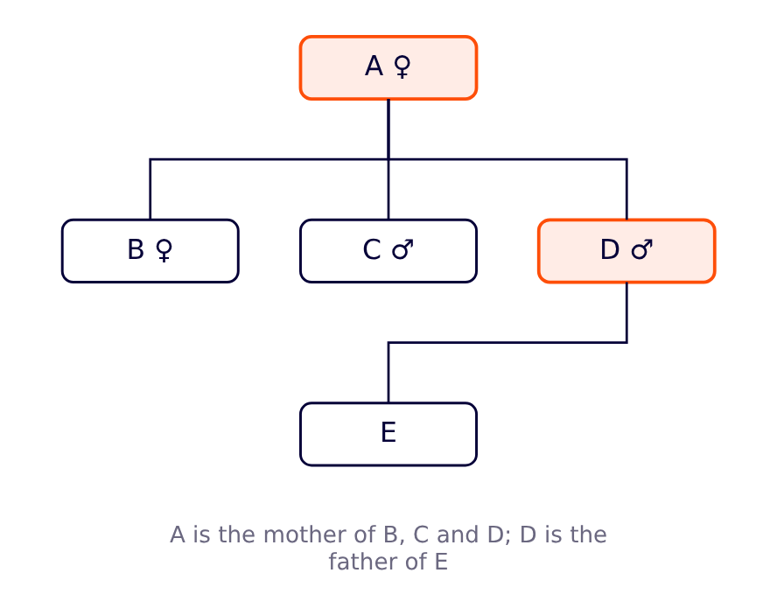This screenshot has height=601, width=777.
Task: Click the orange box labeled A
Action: [388, 68]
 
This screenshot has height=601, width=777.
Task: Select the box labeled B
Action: [150, 251]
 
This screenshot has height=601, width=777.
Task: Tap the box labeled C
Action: [388, 251]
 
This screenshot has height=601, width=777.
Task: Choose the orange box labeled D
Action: [626, 251]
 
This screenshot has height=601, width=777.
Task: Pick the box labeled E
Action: [388, 434]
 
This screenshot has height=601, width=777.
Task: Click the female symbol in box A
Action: [402, 66]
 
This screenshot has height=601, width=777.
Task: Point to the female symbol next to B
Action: [164, 250]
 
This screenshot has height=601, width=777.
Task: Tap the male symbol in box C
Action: [402, 249]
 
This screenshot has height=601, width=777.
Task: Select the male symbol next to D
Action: [642, 249]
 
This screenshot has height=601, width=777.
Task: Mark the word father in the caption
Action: [364, 562]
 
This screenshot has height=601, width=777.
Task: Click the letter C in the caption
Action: [421, 535]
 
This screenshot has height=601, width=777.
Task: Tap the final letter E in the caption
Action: [442, 562]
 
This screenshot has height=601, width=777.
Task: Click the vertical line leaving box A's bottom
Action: [388, 129]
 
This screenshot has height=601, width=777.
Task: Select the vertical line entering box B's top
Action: [150, 189]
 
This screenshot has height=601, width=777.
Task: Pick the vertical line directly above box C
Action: [388, 189]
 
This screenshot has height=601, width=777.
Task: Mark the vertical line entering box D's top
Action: [626, 189]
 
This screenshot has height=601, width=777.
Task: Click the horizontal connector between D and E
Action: [507, 342]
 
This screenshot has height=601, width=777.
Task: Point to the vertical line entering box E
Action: [388, 373]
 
